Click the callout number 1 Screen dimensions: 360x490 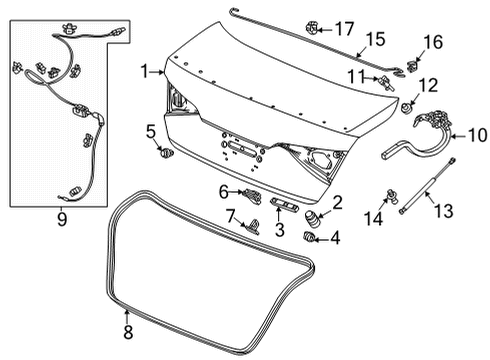[x=144, y=71]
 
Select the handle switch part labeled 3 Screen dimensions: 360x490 [x=285, y=207]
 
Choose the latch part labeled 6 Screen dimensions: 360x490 [x=252, y=192]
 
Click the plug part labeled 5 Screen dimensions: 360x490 [x=165, y=153]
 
